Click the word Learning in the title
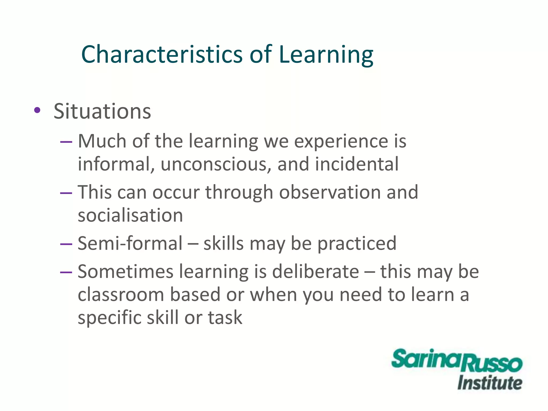[326, 55]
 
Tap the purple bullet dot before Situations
[37, 110]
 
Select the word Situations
[102, 111]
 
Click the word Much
[102, 141]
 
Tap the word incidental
[357, 164]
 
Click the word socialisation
[130, 215]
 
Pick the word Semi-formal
[130, 243]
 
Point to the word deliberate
[315, 272]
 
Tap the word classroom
[121, 295]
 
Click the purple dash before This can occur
[66, 193]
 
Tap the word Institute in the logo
[489, 383]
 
